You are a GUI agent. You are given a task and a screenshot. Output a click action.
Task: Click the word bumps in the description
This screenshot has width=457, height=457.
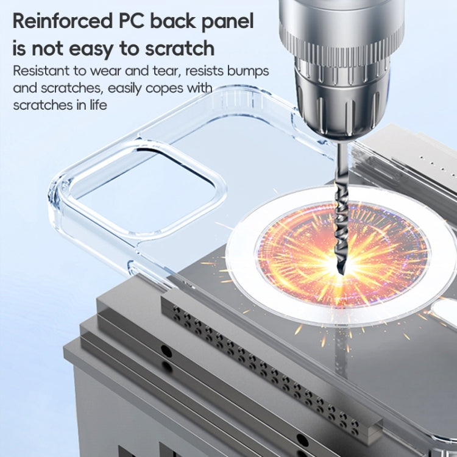pos(250,71)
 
